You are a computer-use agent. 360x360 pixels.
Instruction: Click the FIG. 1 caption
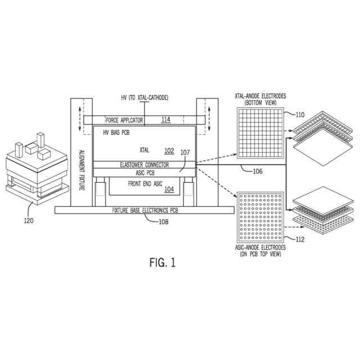162,263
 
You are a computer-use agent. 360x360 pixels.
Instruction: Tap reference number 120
28,220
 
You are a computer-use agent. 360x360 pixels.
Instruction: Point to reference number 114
165,120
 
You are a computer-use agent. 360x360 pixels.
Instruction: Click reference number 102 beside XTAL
169,151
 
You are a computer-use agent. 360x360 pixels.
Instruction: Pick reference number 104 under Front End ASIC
169,190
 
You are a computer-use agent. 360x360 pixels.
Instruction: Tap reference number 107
185,152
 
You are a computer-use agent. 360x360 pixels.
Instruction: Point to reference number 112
300,240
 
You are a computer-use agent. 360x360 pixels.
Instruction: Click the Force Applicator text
124,120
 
